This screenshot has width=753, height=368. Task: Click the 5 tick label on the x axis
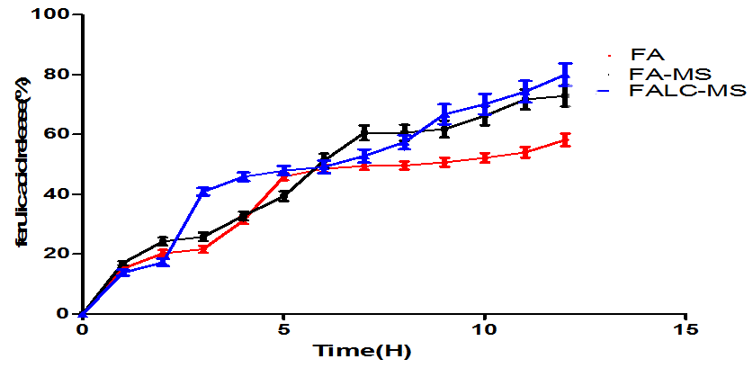tap(283, 330)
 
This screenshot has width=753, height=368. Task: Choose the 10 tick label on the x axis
tap(484, 330)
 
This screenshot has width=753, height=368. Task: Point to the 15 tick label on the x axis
tap(686, 330)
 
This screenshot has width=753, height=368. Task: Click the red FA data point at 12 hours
tap(565, 139)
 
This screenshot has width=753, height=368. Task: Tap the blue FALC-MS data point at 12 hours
tap(565, 76)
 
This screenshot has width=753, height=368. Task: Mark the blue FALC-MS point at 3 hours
tap(203, 192)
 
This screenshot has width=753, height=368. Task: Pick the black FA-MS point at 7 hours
tap(364, 132)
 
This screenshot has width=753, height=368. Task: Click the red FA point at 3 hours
tap(203, 248)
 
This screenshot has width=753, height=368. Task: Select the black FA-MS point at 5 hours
tap(283, 196)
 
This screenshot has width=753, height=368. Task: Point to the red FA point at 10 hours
tap(485, 157)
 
